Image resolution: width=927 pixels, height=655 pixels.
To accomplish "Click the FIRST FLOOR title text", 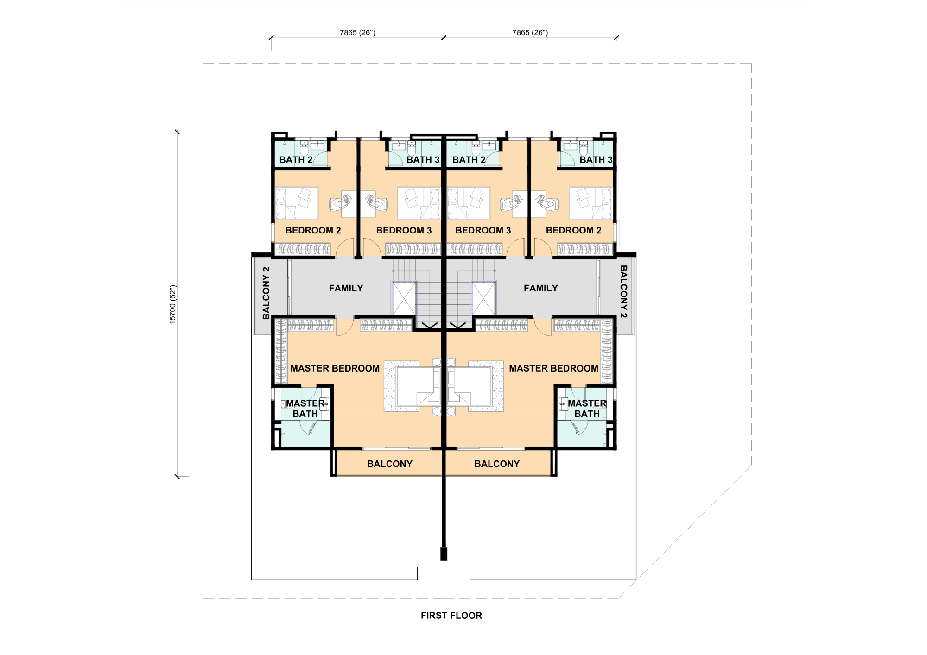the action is (451, 616).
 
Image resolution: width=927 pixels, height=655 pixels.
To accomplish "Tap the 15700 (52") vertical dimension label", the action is (173, 304).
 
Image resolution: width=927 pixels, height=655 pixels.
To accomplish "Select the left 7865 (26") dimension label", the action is (357, 32).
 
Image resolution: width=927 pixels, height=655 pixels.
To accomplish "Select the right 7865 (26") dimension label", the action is (530, 32).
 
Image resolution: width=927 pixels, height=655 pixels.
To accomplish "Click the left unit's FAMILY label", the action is (346, 288).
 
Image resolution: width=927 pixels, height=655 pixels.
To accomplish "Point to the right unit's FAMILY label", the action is (541, 288).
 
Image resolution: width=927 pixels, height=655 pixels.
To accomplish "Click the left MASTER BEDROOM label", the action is (335, 368).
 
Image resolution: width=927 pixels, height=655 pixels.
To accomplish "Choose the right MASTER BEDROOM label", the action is (553, 368).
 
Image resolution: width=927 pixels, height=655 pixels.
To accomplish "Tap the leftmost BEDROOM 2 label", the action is (313, 230).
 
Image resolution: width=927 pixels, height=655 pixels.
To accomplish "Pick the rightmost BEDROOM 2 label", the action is (574, 230).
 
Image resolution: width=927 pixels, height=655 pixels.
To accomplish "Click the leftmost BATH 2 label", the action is (296, 160).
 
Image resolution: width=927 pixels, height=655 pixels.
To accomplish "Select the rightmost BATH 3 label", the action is (596, 160).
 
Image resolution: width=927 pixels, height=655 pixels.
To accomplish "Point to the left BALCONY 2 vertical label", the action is (266, 293).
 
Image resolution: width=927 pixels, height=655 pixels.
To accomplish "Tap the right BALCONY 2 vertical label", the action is (623, 291).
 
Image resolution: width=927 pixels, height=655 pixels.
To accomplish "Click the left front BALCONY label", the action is (390, 464).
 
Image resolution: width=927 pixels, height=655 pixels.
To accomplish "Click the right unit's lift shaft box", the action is (483, 298).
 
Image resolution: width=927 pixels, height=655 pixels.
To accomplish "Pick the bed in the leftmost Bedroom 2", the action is (297, 203).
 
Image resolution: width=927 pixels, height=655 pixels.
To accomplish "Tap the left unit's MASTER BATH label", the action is (305, 409).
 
